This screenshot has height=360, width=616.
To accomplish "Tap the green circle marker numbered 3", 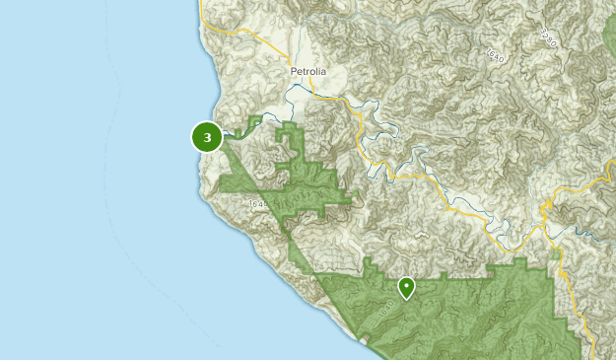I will tap(207, 137).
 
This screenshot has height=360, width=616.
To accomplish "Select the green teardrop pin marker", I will tap(406, 287).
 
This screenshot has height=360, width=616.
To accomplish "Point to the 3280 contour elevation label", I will tap(549, 37).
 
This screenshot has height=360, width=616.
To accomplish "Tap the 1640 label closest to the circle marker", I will tap(258, 204).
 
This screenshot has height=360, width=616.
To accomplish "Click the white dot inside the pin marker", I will tap(406, 284).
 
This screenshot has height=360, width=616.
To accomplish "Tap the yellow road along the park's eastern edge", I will tap(566, 286).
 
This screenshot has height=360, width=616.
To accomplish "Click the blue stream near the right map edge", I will tap(591, 237).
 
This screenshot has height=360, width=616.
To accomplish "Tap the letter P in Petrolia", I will tap(294, 72).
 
